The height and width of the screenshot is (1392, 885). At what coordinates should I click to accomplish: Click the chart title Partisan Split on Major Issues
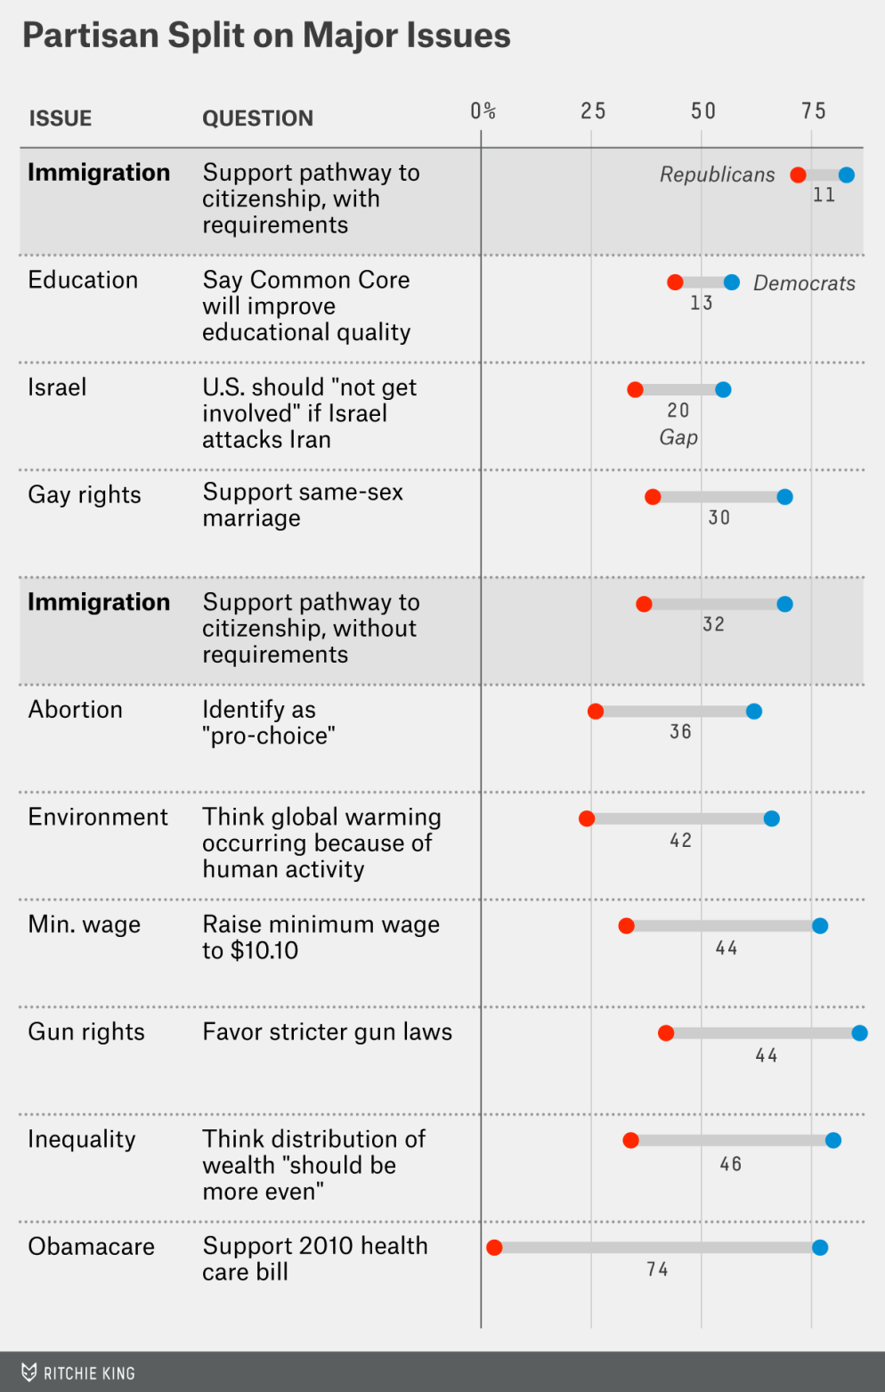(266, 36)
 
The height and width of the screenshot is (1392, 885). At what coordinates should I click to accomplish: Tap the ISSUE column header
(61, 118)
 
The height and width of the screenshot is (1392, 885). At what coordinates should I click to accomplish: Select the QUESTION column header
(257, 118)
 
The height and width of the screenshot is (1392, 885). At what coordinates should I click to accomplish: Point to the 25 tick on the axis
(593, 111)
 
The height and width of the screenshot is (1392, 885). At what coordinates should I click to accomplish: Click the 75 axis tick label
(814, 111)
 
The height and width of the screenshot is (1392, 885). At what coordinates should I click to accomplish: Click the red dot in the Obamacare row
(494, 1248)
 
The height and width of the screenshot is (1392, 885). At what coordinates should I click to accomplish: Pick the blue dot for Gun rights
(859, 1033)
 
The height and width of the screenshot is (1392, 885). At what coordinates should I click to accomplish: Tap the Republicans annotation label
(717, 175)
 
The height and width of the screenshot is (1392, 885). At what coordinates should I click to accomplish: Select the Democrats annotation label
(804, 283)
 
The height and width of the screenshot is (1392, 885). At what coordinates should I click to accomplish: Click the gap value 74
(657, 1269)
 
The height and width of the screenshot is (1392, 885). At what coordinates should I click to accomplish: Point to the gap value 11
(824, 195)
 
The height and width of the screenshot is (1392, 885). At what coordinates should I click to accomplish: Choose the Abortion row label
(76, 710)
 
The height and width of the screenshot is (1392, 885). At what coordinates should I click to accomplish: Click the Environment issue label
(98, 817)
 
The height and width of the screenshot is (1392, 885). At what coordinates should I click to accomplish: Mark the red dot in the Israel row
(635, 389)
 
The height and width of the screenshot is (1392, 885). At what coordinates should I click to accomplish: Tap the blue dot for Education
(732, 282)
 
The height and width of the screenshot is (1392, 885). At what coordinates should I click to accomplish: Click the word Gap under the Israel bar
(678, 437)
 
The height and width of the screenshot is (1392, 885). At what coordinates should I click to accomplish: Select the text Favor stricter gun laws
(327, 1031)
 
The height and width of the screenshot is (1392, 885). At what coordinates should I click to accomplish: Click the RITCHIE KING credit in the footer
(88, 1373)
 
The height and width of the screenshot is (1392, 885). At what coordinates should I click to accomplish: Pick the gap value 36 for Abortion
(680, 732)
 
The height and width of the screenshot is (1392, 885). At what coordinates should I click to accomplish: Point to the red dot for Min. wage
(627, 926)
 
